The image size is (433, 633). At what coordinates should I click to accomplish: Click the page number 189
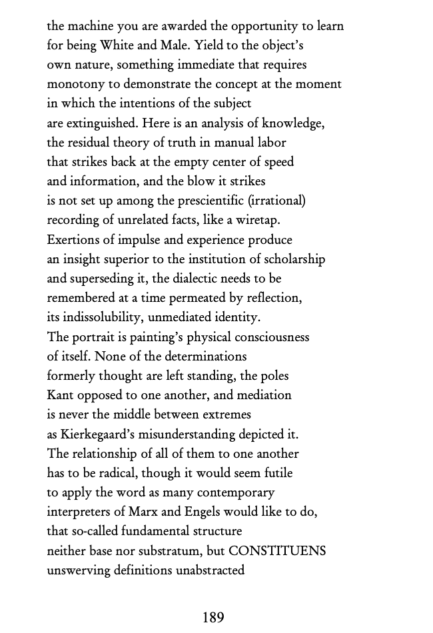click(x=213, y=618)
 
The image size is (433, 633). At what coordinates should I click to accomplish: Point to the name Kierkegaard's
click(x=102, y=434)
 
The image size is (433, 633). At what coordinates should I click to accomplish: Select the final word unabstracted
click(x=211, y=570)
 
